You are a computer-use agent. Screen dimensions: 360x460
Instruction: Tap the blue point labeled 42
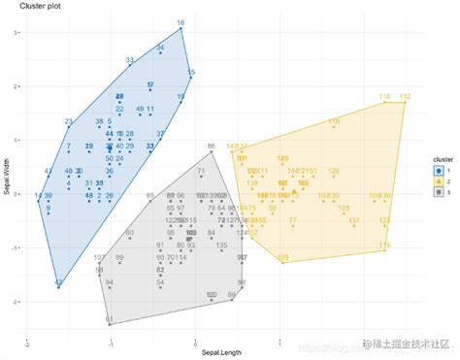(59, 286)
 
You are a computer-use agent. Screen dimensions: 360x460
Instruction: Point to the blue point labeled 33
(129, 68)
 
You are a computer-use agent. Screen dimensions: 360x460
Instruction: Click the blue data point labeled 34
(160, 54)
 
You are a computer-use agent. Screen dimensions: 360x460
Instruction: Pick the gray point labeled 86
(212, 153)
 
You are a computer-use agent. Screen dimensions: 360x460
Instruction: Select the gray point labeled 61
(109, 323)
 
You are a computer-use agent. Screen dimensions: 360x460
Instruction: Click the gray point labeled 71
(201, 179)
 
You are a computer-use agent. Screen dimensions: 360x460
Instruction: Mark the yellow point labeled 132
(405, 103)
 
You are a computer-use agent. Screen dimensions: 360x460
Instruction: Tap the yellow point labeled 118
(385, 103)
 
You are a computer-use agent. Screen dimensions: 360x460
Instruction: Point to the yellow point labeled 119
(385, 252)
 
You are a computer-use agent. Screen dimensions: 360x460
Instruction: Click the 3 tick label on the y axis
(16, 32)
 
